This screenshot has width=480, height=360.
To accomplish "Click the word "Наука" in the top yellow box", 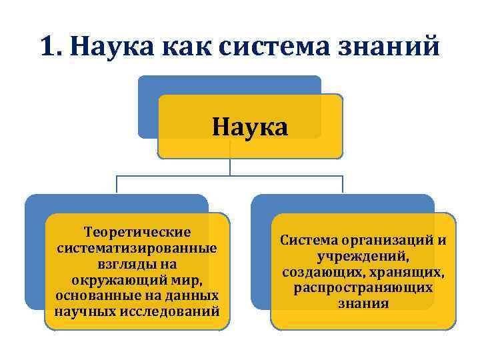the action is click(250, 126).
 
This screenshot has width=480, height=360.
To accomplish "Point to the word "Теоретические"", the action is click(137, 232).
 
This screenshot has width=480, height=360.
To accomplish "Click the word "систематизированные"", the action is click(137, 247).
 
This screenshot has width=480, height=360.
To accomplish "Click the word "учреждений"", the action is click(363, 255).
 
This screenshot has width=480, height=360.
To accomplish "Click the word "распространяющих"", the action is click(363, 287).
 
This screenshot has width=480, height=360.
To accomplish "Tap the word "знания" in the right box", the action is click(363, 303).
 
